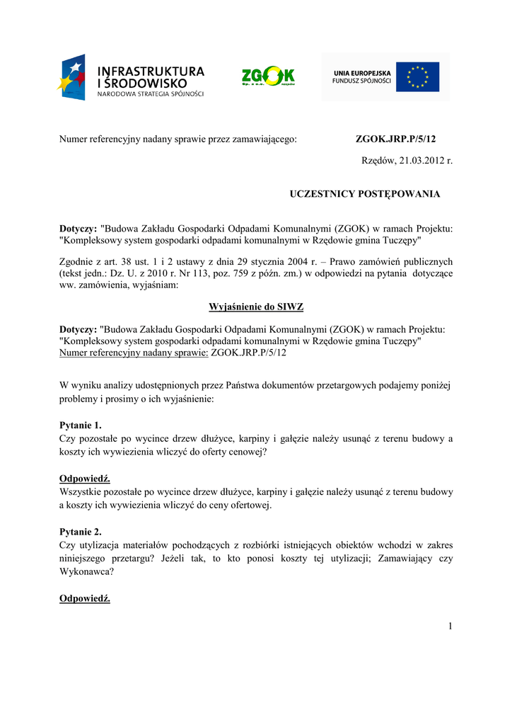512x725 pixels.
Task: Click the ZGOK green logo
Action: click(x=268, y=76)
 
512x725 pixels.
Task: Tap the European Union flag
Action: click(x=417, y=76)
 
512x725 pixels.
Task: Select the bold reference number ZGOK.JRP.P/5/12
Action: click(x=395, y=139)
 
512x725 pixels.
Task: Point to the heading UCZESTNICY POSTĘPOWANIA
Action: click(x=365, y=194)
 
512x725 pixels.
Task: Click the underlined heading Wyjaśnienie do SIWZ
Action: click(x=255, y=307)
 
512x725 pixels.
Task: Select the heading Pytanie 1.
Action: click(x=80, y=426)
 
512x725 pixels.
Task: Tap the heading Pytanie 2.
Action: click(x=80, y=532)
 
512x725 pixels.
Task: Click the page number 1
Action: click(x=449, y=625)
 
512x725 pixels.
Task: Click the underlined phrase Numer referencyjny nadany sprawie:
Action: click(x=134, y=352)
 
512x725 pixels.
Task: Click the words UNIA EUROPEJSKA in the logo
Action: click(x=361, y=72)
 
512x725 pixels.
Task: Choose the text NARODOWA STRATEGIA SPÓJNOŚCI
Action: click(x=151, y=94)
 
